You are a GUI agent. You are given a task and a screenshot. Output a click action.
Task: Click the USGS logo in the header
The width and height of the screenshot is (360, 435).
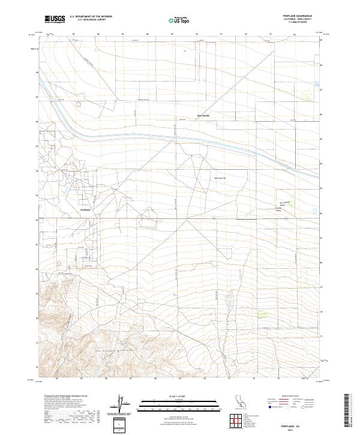coord(55,20)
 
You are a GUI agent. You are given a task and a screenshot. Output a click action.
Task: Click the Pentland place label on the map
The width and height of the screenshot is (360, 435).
coord(85,209)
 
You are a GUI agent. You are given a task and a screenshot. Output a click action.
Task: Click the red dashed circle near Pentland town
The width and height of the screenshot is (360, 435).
coord(59,263)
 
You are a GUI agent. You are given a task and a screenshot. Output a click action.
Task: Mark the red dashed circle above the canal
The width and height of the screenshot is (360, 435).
coord(79,104)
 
